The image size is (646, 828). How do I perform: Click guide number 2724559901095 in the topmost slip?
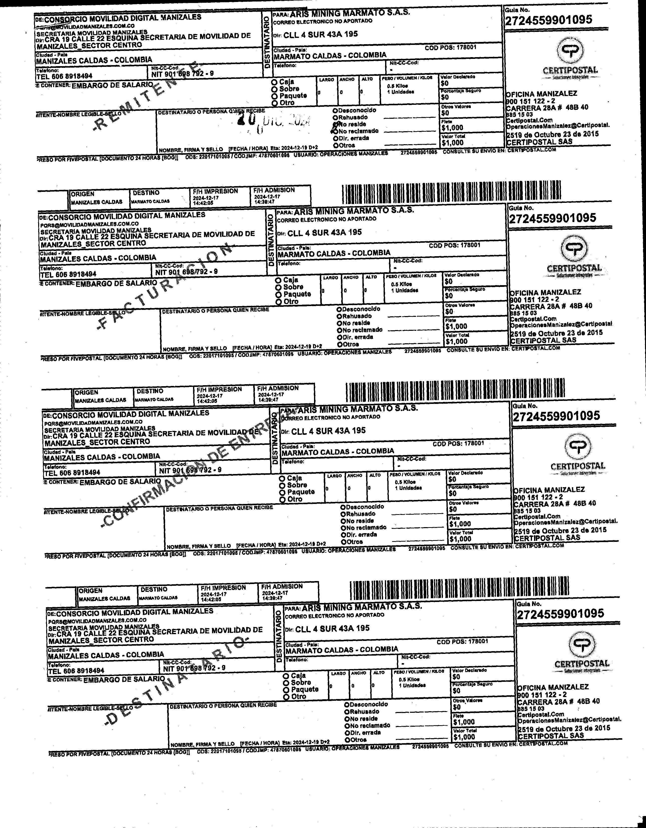tap(548, 20)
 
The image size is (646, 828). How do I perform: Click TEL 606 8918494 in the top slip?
tap(64, 76)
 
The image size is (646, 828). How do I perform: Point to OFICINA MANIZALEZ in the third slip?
tap(549, 489)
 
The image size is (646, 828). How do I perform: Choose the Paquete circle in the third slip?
tap(282, 492)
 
